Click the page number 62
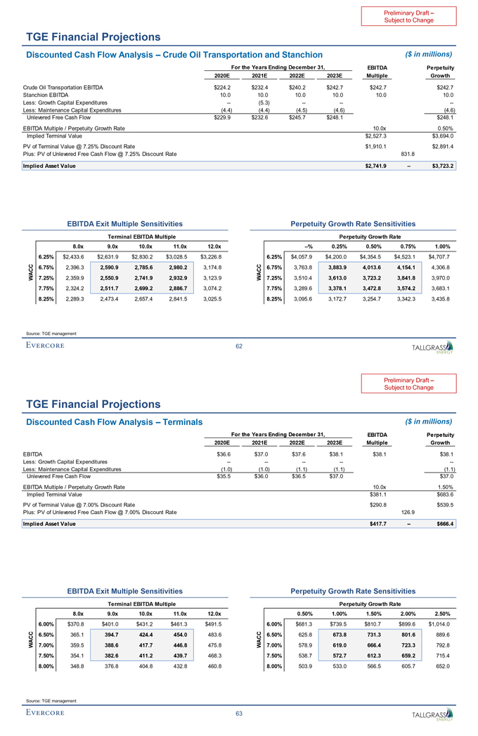pos(239,345)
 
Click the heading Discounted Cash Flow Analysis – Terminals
pos(113,421)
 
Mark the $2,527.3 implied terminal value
pos(375,136)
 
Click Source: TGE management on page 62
pos(50,333)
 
